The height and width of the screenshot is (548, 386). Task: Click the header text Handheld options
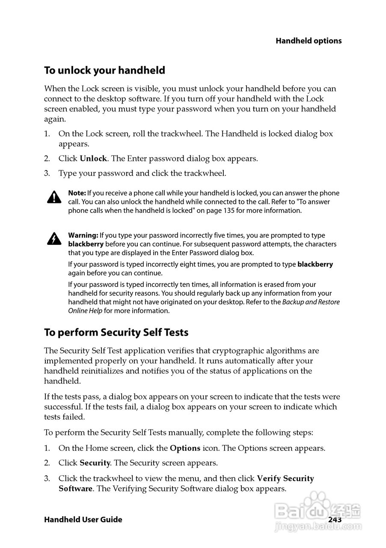308,41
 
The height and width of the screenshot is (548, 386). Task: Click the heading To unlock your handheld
104,70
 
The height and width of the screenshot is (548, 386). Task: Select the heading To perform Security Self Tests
116,332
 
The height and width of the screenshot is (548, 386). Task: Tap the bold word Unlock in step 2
93,158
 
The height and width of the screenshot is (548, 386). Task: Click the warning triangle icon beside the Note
54,197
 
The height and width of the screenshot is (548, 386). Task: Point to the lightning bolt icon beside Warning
54,239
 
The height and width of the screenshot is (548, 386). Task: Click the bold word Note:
77,193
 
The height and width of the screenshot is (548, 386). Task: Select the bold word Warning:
83,235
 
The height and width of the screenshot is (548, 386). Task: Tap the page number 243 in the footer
335,519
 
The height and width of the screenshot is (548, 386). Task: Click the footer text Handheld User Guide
83,520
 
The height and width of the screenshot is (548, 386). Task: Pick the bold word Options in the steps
185,449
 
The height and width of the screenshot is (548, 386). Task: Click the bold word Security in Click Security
95,463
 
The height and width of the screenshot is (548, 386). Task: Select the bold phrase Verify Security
285,478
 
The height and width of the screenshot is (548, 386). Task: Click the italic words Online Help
85,311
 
